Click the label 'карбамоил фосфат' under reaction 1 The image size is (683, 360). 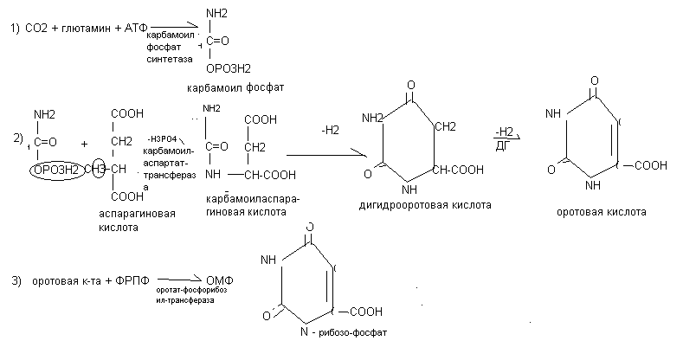[235, 88]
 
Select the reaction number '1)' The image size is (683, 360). [15, 29]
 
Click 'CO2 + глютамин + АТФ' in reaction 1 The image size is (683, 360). [87, 29]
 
